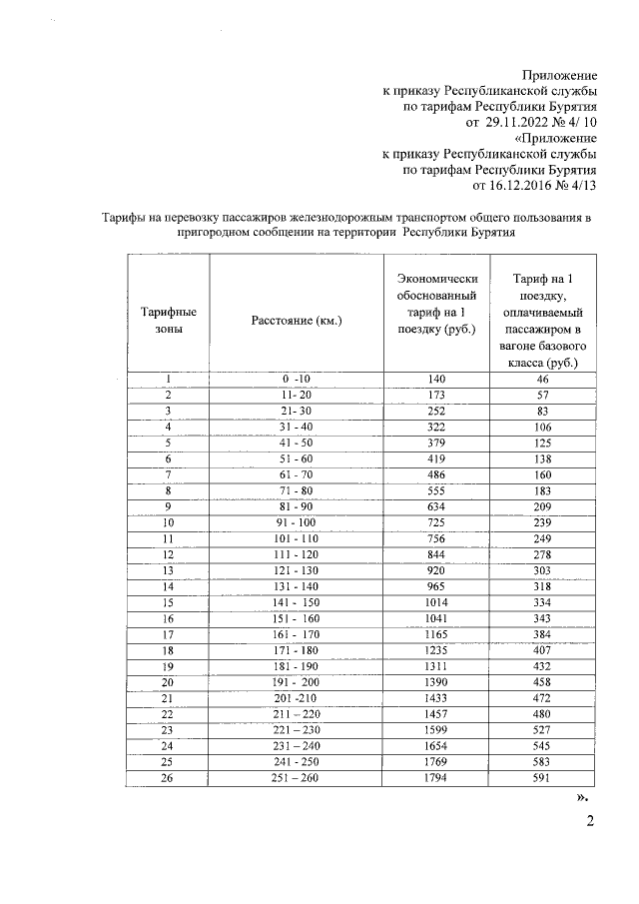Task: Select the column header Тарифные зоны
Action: [x=168, y=320]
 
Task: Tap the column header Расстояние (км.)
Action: [x=297, y=321]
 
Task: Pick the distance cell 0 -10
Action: [x=297, y=380]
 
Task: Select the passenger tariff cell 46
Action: [x=542, y=380]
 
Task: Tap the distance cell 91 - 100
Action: [x=297, y=522]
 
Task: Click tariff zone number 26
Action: [x=168, y=778]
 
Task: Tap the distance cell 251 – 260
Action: [x=297, y=778]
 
